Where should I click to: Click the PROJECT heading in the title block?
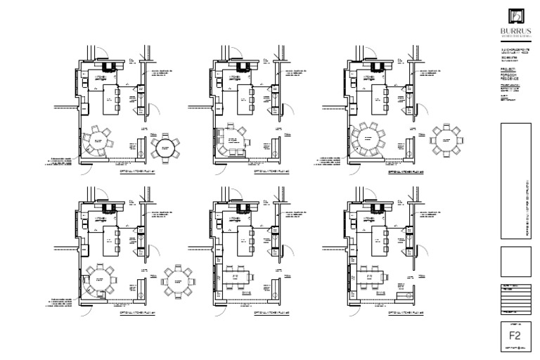507,70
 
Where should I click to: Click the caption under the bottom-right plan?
406,311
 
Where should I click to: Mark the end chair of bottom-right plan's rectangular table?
385,277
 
